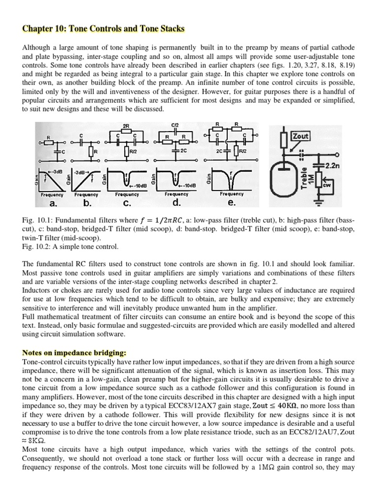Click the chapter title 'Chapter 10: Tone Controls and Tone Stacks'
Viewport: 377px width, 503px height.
104,29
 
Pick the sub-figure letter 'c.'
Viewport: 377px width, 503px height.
127,202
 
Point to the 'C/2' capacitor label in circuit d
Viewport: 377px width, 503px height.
175,125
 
